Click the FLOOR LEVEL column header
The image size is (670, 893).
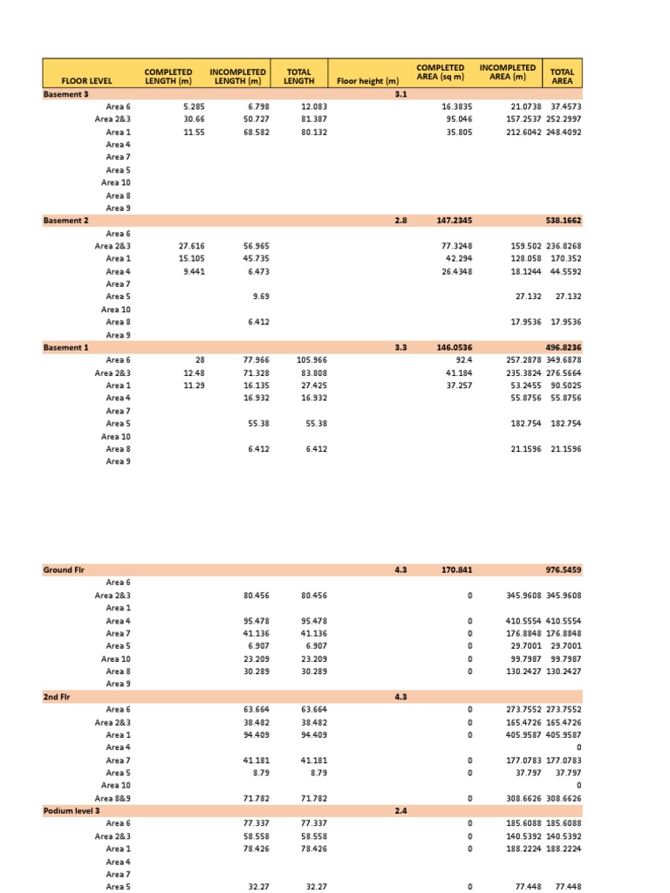click(x=81, y=81)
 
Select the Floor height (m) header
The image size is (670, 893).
click(x=367, y=81)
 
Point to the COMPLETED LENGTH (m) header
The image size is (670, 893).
click(x=168, y=76)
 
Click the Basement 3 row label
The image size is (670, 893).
click(x=65, y=93)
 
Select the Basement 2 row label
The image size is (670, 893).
click(x=65, y=221)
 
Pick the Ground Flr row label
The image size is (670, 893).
click(x=64, y=569)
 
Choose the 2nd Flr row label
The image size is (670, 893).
click(x=57, y=697)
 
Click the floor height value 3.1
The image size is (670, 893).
click(x=400, y=93)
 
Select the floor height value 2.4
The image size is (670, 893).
click(x=400, y=810)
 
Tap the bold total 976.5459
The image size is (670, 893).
click(x=564, y=569)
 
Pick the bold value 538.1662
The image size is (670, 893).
click(x=564, y=221)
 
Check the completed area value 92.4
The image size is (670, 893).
click(x=461, y=360)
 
